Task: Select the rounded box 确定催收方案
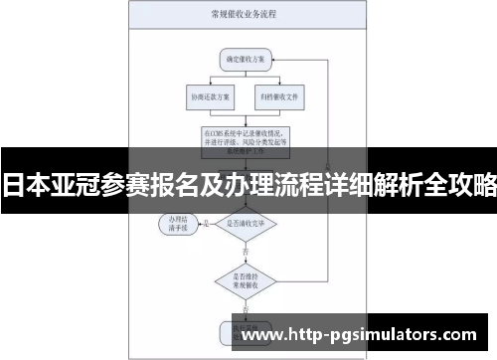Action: [246, 59]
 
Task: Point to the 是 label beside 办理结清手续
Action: [204, 221]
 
